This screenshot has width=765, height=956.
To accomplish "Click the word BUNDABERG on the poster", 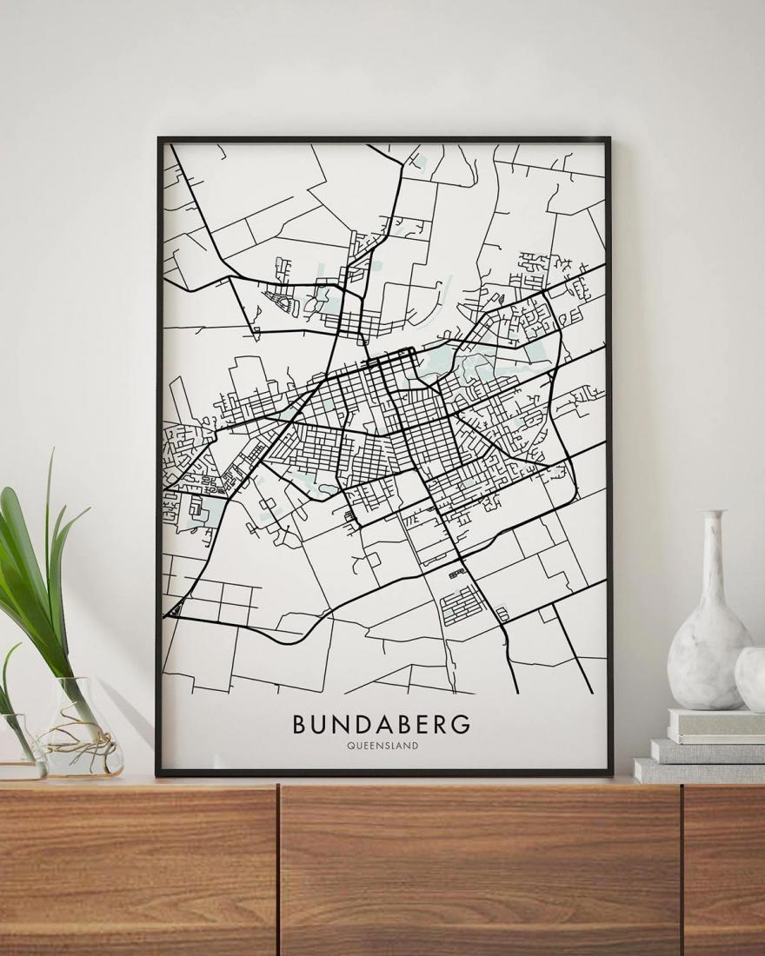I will coord(382,724).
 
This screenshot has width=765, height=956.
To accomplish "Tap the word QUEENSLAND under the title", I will coord(382,746).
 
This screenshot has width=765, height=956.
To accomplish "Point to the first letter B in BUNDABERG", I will coord(298,724).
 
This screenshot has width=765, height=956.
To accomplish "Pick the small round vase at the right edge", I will coord(751,678).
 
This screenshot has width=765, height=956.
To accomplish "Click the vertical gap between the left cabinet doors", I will coord(278,869).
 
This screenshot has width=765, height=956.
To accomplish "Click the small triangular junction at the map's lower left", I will coord(176,609).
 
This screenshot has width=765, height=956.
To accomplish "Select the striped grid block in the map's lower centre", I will coord(462,606).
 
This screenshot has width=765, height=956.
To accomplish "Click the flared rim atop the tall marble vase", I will coord(713,515).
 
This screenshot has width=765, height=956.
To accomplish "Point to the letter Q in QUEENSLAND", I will coord(349,746).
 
